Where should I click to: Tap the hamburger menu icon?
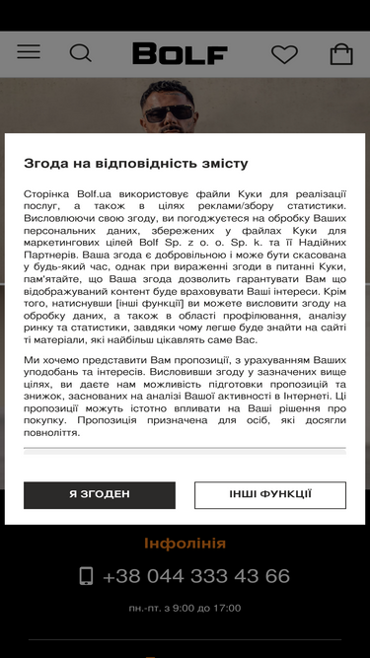pyautogui.click(x=29, y=52)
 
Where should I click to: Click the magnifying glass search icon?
pyautogui.click(x=81, y=53)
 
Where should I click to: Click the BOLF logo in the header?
pyautogui.click(x=181, y=53)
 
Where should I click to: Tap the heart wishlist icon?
pyautogui.click(x=284, y=54)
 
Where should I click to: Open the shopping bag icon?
pyautogui.click(x=341, y=54)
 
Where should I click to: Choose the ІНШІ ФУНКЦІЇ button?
pyautogui.click(x=269, y=494)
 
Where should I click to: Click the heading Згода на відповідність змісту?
pyautogui.click(x=136, y=164)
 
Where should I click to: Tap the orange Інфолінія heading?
pyautogui.click(x=185, y=544)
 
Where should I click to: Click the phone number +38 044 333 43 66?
pyautogui.click(x=195, y=576)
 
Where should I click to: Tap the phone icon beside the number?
pyautogui.click(x=86, y=576)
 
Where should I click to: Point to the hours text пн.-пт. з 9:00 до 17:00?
pyautogui.click(x=185, y=608)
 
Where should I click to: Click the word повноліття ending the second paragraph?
pyautogui.click(x=51, y=433)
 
